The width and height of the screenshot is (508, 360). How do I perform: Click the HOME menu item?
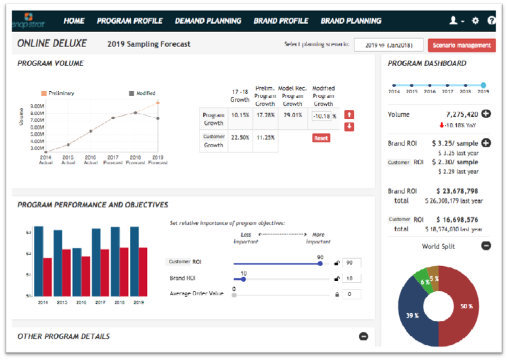(x=74, y=20)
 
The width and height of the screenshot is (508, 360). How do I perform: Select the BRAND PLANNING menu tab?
(x=351, y=20)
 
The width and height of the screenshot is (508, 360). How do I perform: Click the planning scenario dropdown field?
(x=388, y=45)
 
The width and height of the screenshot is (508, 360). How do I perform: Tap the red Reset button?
(x=321, y=138)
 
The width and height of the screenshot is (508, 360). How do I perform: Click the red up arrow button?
(x=349, y=115)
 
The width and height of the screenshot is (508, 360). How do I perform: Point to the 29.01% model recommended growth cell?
(x=292, y=116)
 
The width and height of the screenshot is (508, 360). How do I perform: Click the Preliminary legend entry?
(x=59, y=93)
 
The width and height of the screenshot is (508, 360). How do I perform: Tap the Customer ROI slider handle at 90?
(x=320, y=263)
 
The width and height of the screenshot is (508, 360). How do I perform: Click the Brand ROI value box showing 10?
(x=351, y=278)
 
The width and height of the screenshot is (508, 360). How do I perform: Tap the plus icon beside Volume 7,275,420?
(x=486, y=114)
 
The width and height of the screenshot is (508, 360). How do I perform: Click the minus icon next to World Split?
(x=486, y=246)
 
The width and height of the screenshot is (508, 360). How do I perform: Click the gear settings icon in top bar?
(x=475, y=21)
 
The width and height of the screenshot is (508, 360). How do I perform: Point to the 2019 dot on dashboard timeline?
(x=483, y=85)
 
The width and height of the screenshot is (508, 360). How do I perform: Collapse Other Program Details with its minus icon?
(x=363, y=336)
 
